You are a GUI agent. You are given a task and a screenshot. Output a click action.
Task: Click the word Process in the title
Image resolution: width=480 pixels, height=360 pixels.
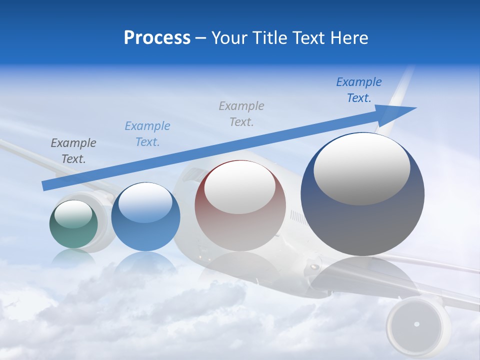pyautogui.click(x=157, y=38)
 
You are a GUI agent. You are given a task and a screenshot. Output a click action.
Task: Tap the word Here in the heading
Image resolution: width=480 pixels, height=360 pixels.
pyautogui.click(x=348, y=38)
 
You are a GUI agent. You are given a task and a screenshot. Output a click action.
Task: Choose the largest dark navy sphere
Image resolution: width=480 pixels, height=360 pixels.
pyautogui.click(x=362, y=225)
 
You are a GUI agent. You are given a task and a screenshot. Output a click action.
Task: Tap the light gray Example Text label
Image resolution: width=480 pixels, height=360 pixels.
pyautogui.click(x=241, y=113)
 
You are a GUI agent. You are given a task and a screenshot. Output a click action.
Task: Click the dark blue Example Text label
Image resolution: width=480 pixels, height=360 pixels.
pyautogui.click(x=359, y=90)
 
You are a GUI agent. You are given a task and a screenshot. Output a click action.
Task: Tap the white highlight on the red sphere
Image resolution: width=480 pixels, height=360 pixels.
pyautogui.click(x=239, y=188)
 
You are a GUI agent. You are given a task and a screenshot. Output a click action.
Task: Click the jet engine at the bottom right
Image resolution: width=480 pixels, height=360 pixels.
pyautogui.click(x=416, y=324)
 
